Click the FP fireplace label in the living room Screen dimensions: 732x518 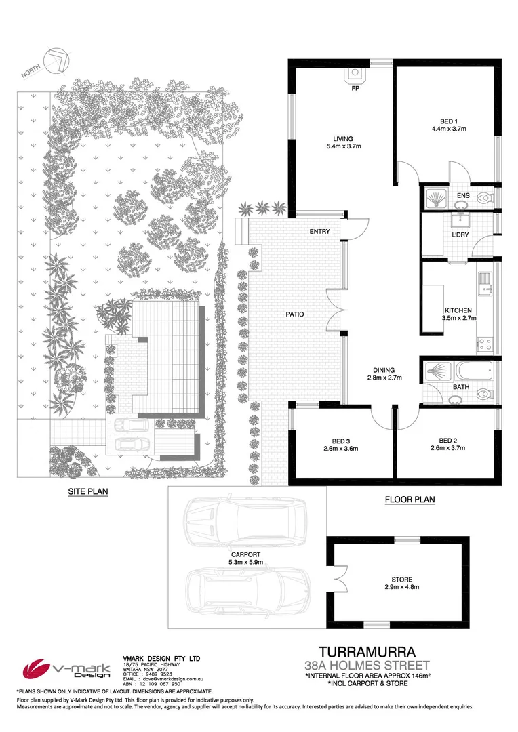coord(355,89)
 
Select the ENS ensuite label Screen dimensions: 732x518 coord(463,197)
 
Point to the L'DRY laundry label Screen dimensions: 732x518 coord(461,235)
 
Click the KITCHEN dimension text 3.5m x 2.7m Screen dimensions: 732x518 coord(458,318)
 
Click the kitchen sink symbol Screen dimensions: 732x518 coord(485,284)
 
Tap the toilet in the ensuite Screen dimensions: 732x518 coord(484,198)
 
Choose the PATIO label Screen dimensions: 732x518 coord(294,314)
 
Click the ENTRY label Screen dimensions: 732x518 coord(319,232)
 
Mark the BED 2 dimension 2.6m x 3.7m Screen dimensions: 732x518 coord(450,447)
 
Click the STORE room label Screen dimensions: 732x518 coord(401,579)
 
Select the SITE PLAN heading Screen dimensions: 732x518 coord(89,491)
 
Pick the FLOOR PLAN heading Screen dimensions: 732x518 coord(410,500)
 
